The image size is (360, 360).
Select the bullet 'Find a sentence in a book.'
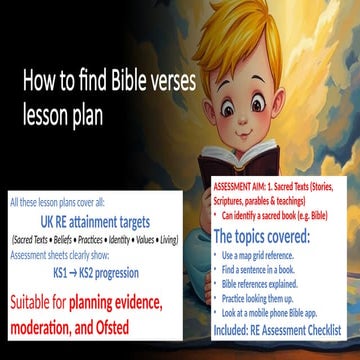(x=265, y=270)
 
